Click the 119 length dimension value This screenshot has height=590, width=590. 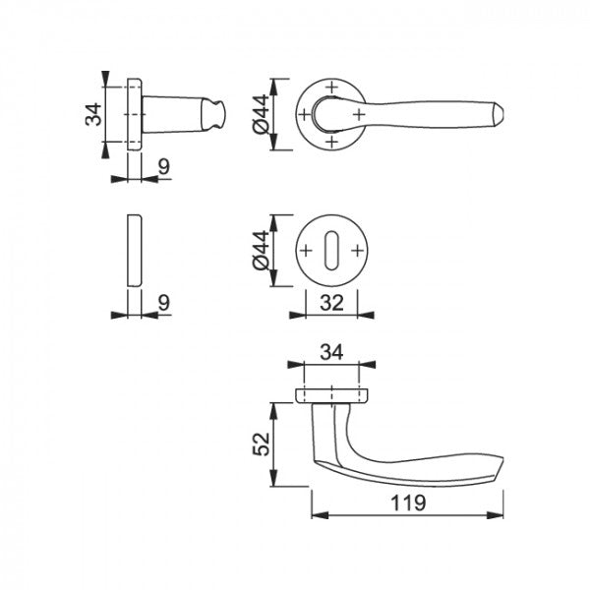pyautogui.click(x=408, y=502)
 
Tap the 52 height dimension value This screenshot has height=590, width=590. pyautogui.click(x=262, y=444)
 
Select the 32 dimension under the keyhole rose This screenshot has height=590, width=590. pyautogui.click(x=332, y=303)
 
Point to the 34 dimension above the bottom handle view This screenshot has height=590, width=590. pyautogui.click(x=331, y=353)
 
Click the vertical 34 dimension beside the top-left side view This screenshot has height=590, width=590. pyautogui.click(x=93, y=114)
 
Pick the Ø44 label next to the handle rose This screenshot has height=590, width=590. pyautogui.click(x=262, y=114)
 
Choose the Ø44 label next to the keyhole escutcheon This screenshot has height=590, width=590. pyautogui.click(x=262, y=250)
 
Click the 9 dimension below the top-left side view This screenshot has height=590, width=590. pyautogui.click(x=164, y=166)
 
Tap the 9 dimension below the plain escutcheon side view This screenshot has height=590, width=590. pyautogui.click(x=164, y=303)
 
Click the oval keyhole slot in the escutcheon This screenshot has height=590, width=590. pyautogui.click(x=331, y=250)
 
